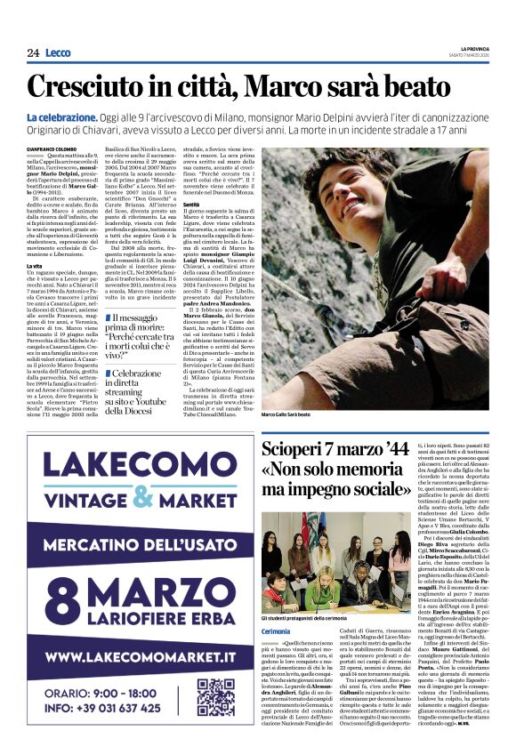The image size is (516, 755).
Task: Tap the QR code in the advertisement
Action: click(x=215, y=697)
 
